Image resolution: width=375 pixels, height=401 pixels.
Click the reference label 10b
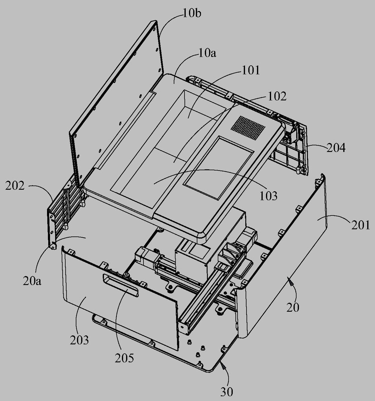(x=192, y=14)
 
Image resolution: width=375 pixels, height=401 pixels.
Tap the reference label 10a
(x=208, y=54)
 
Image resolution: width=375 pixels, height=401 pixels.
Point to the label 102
(x=277, y=97)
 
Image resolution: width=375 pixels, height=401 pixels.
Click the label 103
(x=268, y=196)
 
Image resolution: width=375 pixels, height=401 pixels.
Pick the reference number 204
(x=336, y=148)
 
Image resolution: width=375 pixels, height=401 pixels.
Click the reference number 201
(x=361, y=225)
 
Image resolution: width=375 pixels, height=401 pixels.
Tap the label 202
(x=15, y=186)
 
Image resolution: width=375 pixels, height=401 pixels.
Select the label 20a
(x=32, y=281)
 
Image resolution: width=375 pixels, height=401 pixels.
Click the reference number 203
(x=79, y=340)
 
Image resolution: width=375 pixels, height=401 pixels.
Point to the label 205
(x=124, y=358)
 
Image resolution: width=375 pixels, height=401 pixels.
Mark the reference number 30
(x=227, y=392)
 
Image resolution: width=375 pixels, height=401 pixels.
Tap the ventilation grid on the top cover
(x=248, y=128)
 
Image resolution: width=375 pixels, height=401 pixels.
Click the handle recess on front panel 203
(x=121, y=285)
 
